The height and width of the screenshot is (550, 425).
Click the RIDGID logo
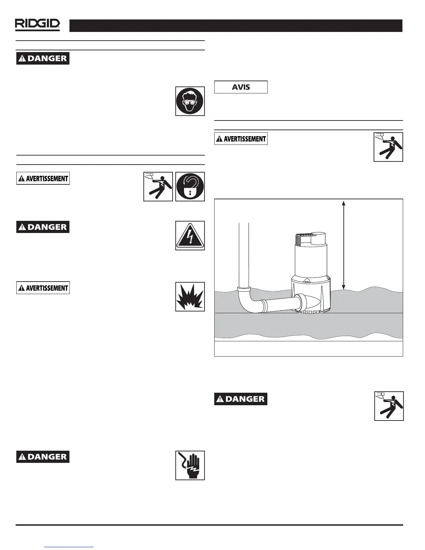[37, 25]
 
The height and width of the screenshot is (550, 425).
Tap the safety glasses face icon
[190, 101]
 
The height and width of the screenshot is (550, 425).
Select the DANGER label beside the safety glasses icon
[43, 58]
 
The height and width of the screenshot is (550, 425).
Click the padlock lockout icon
[190, 186]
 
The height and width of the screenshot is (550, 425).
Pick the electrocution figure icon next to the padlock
[158, 186]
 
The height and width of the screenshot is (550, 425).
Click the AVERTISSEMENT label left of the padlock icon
[43, 178]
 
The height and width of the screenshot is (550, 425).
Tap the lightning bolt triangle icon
[190, 235]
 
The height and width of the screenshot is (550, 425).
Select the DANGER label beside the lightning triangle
[43, 227]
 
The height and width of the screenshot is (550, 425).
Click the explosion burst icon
[190, 297]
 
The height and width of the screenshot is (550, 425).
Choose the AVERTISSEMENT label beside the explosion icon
[43, 288]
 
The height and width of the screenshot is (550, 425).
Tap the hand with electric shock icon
[190, 465]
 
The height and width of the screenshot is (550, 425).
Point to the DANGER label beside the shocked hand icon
[43, 457]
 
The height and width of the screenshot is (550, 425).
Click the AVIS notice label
[241, 87]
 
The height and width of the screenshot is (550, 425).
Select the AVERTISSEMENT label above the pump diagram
[241, 139]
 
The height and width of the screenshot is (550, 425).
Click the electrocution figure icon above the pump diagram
[388, 147]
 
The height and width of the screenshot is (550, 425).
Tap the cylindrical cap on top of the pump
[318, 239]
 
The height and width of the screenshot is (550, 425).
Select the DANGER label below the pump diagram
[241, 399]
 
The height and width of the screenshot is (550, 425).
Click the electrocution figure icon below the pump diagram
[389, 406]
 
